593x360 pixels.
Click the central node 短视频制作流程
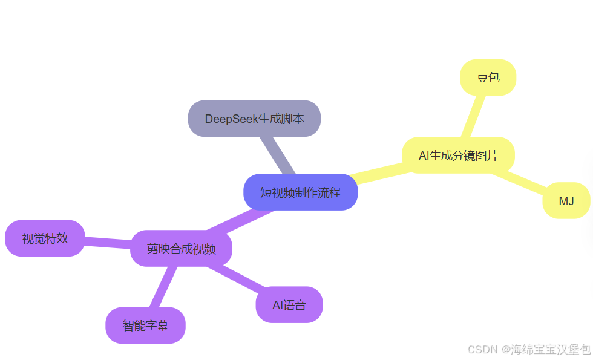(300, 192)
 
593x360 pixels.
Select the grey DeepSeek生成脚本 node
(254, 119)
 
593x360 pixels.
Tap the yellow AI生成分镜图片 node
(458, 155)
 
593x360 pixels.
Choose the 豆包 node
(488, 77)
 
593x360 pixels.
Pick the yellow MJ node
(566, 200)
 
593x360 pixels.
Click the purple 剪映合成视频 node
(181, 248)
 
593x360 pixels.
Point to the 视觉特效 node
(45, 238)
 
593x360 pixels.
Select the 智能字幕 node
(145, 326)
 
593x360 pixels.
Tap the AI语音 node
(289, 305)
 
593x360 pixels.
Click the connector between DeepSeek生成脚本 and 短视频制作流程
(277, 155)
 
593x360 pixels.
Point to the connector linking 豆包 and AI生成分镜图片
(473, 116)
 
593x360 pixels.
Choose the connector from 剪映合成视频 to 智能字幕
(163, 287)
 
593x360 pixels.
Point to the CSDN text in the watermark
(482, 349)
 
